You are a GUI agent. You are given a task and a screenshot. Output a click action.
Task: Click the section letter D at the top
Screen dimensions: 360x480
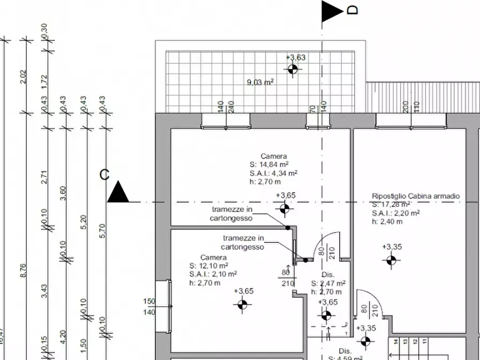(353, 10)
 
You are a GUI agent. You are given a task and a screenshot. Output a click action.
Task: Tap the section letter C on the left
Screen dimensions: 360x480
(104, 175)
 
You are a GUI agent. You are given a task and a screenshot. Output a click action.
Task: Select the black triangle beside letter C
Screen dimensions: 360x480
(118, 192)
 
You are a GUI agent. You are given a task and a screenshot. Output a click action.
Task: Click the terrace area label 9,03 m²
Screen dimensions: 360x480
(260, 82)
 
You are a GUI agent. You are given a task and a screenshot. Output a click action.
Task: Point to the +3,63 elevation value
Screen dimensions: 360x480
(296, 57)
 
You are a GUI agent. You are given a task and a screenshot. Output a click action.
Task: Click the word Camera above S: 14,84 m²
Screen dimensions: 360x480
(274, 156)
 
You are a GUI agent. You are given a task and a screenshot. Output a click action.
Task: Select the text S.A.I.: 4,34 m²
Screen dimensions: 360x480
(273, 173)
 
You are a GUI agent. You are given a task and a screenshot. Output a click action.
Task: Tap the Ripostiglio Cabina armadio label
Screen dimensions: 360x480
(415, 197)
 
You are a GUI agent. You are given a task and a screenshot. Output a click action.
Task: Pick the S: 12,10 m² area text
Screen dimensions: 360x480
(209, 266)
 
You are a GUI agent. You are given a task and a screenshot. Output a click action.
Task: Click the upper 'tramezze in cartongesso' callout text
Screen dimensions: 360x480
(232, 214)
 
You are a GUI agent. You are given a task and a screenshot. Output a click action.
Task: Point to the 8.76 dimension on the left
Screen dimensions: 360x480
(23, 270)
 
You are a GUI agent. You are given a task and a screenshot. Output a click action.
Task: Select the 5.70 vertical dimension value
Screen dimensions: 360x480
(103, 231)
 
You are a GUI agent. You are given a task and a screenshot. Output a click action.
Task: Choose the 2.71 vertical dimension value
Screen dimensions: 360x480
(44, 177)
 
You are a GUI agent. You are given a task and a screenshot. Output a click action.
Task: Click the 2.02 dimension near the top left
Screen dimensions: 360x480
(23, 76)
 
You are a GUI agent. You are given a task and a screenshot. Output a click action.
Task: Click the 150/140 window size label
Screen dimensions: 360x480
(149, 306)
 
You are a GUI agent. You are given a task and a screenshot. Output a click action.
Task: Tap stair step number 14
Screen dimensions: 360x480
(396, 341)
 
